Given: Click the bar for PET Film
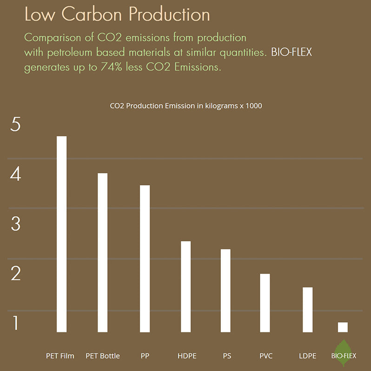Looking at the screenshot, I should point(62,234).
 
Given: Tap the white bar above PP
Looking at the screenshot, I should point(145,258).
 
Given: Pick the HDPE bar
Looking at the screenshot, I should point(185,286).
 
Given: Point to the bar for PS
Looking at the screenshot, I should point(225,291).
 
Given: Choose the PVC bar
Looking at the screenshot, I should point(265,303).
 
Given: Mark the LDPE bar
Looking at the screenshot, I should point(307,310).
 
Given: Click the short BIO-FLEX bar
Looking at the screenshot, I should point(343,327).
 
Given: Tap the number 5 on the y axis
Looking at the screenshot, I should point(15,125).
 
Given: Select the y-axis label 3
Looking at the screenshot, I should point(15,224).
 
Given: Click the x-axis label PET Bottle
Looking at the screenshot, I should point(103,356).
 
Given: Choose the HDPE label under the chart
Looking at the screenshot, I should point(187,356).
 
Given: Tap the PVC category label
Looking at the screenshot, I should point(266,356).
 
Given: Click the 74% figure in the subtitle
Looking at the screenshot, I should point(111,67).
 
